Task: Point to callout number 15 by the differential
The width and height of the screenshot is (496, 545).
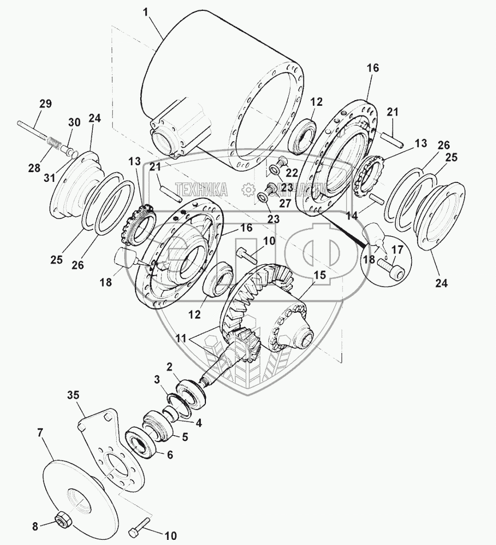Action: (319, 275)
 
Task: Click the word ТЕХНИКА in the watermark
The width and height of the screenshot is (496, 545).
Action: (201, 189)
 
